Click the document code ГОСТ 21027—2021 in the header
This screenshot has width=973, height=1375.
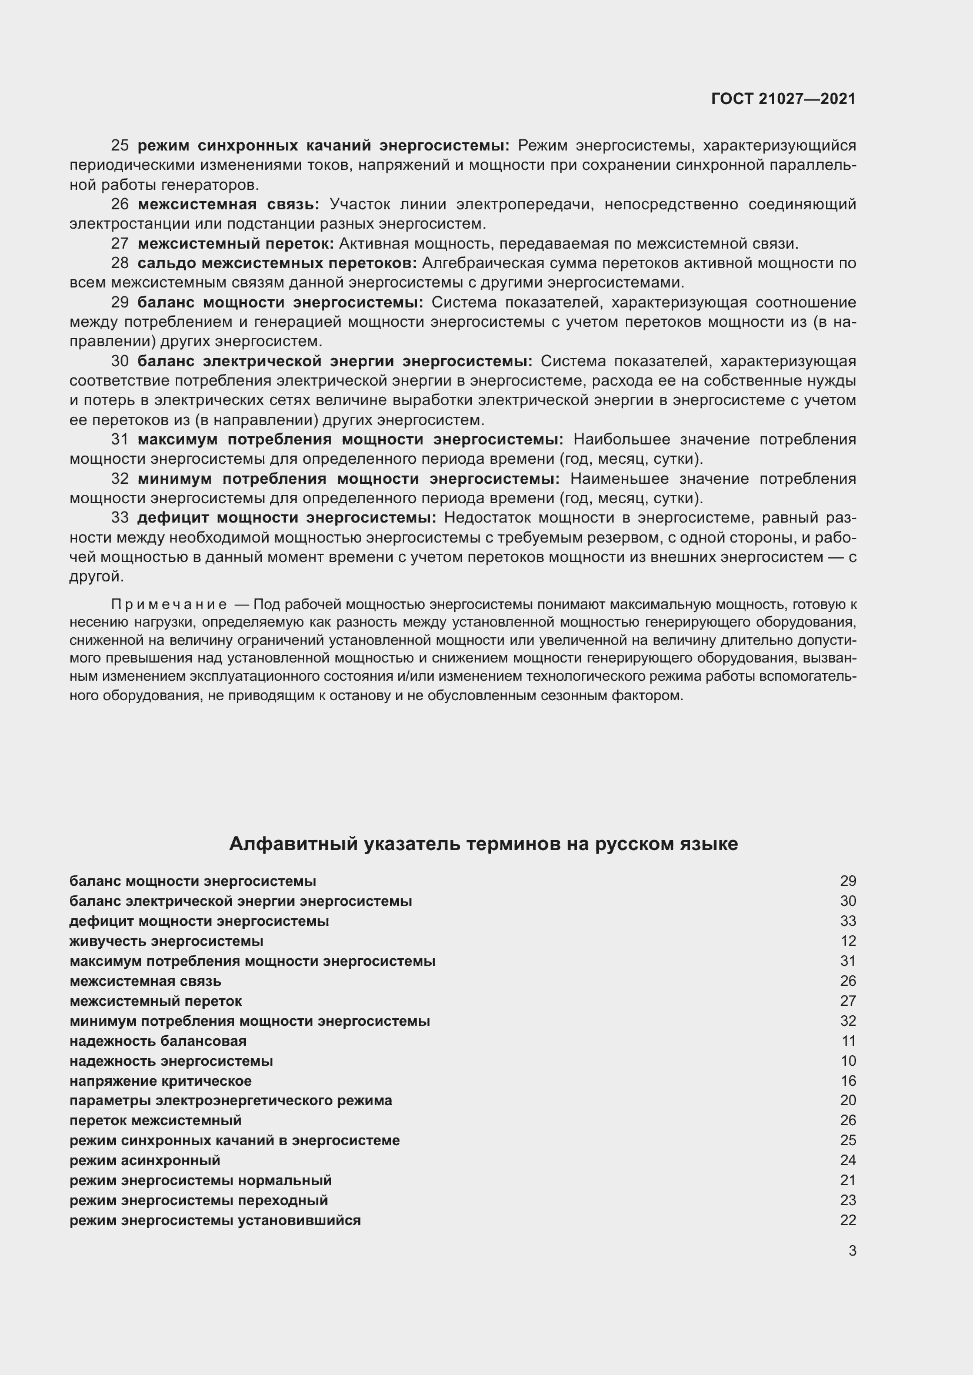(783, 99)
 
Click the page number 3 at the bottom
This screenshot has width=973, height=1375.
(852, 1250)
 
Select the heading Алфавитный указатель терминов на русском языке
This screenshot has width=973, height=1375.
(483, 844)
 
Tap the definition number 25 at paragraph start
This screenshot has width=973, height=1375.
(120, 146)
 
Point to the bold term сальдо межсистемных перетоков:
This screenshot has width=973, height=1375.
(277, 263)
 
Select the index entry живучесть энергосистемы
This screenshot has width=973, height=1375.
(166, 941)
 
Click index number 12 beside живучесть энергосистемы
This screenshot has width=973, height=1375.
(848, 941)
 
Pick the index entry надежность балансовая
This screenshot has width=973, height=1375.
(158, 1041)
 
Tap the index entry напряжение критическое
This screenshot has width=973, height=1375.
(160, 1081)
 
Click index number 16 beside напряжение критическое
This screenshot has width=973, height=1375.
(848, 1081)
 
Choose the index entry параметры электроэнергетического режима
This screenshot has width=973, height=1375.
(231, 1100)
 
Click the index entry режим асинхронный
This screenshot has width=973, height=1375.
(144, 1160)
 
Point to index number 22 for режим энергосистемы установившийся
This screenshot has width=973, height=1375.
(848, 1220)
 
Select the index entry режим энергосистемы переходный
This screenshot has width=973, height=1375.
(198, 1200)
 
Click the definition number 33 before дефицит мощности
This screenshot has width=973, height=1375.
(120, 517)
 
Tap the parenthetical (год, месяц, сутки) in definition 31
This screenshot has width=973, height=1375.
(630, 459)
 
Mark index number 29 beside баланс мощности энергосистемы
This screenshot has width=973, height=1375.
(848, 881)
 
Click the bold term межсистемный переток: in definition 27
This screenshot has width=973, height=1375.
(235, 244)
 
